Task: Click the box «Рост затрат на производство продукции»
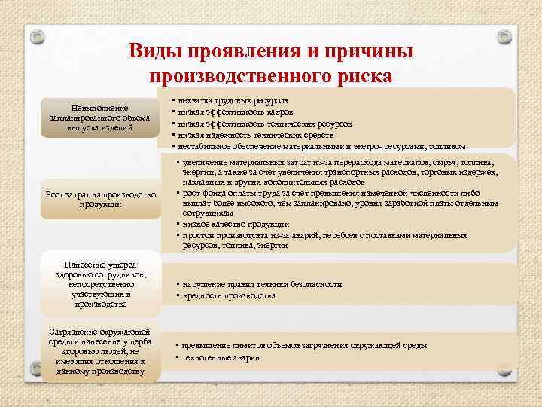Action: coord(100,200)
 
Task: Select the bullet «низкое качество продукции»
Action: coord(234,224)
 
